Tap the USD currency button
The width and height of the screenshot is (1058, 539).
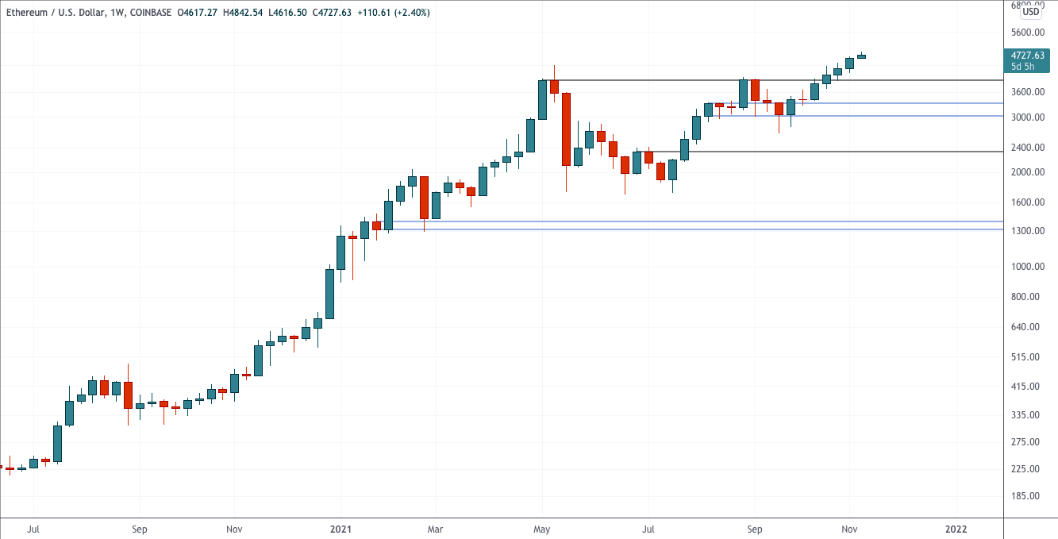click(x=1031, y=12)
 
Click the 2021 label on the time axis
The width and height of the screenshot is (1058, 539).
click(x=340, y=528)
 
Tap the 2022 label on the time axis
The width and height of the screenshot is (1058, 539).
click(x=956, y=528)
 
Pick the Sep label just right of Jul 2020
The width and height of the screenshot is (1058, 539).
click(x=140, y=528)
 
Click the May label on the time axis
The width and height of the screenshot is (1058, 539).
click(x=542, y=528)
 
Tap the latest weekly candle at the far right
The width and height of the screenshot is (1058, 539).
click(x=861, y=56)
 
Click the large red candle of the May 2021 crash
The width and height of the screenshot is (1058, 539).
click(x=566, y=129)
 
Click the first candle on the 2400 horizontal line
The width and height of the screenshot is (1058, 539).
click(x=637, y=162)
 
